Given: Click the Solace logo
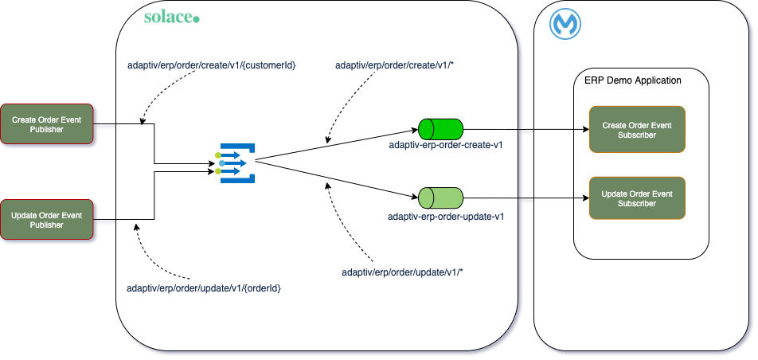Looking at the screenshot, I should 171,17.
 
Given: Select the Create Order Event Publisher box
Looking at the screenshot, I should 48,124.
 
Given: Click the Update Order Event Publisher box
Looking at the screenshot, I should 48,220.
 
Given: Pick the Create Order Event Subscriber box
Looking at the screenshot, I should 636,130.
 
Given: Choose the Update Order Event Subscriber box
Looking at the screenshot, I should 636,198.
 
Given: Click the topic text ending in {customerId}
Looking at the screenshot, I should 212,65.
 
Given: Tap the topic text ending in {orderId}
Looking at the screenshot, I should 204,287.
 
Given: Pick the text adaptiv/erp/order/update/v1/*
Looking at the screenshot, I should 402,272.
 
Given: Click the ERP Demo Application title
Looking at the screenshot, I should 632,80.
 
